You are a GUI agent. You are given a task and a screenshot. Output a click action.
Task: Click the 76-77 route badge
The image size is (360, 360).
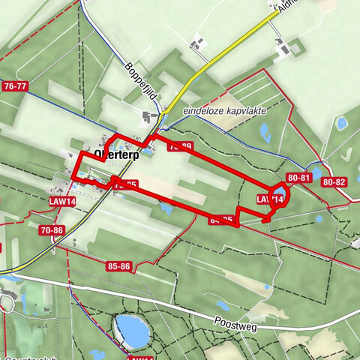tap(15, 87)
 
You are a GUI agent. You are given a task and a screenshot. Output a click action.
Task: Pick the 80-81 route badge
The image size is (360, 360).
tap(299, 178)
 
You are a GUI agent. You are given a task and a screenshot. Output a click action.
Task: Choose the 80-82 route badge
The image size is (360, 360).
tap(334, 182)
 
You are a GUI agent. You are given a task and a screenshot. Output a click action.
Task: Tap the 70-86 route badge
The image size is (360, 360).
tap(52, 229)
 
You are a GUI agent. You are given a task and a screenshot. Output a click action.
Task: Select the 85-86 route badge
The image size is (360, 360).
tap(119, 265)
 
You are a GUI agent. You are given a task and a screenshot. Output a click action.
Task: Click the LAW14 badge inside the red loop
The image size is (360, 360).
tap(269, 199)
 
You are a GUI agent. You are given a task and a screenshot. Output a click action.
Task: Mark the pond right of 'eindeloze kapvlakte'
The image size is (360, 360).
tap(265, 133)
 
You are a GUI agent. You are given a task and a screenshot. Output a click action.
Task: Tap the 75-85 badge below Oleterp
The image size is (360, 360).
tap(124, 184)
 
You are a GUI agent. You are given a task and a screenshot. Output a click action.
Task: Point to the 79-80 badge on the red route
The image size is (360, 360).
tap(180, 146)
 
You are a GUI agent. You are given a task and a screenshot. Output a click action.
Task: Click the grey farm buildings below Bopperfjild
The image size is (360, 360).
tap(150, 118)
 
